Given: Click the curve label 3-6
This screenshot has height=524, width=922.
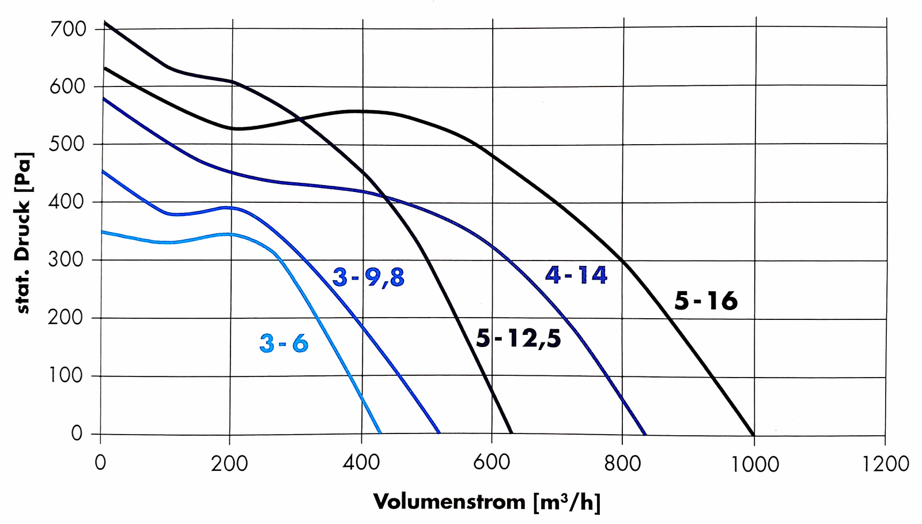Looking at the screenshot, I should click(284, 344).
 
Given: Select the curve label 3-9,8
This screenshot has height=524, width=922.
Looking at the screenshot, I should click(369, 278).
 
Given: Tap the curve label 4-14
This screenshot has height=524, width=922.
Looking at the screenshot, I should click(576, 275).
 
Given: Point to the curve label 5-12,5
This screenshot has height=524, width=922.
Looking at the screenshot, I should click(518, 339).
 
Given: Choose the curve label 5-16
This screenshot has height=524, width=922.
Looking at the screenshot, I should click(706, 301).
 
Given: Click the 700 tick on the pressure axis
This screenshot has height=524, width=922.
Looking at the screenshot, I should click(68, 29).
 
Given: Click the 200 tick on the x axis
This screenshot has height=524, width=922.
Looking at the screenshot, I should click(229, 463).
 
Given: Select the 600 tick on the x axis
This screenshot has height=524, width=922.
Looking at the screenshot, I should click(492, 463).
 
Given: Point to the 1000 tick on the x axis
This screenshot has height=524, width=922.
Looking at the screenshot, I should click(755, 464).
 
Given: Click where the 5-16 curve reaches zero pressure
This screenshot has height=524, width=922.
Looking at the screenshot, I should click(753, 435).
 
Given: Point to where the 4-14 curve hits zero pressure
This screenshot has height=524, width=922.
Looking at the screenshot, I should click(645, 435).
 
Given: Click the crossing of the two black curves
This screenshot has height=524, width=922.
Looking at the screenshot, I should click(300, 119).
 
